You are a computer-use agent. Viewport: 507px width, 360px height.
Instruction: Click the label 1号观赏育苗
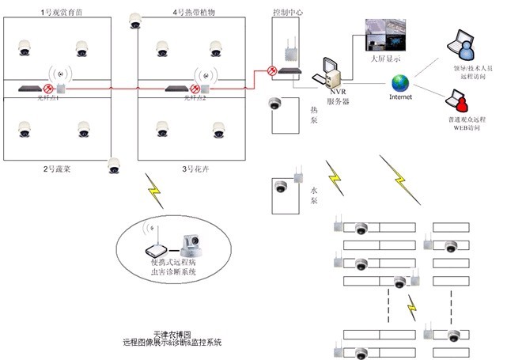(60, 13)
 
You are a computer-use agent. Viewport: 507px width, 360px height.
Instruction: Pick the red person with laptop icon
(460, 100)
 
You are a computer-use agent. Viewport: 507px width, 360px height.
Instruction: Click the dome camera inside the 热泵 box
(274, 104)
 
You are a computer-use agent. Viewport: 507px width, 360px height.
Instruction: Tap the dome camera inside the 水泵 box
(281, 188)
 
